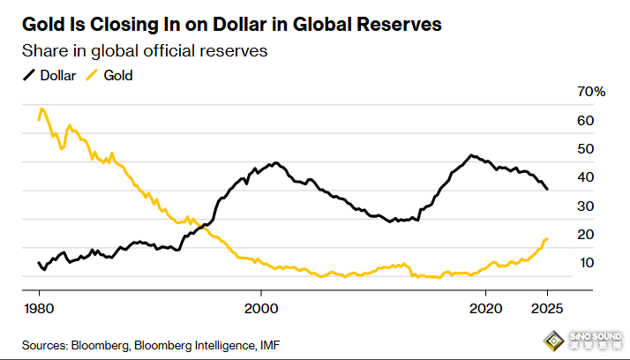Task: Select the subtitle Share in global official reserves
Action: (x=144, y=51)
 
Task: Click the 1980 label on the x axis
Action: (x=39, y=308)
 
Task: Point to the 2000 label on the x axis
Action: (x=261, y=308)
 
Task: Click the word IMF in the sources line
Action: (x=272, y=343)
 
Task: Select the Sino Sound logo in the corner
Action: (x=583, y=340)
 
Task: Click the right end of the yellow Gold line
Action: (x=548, y=238)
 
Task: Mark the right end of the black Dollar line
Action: (x=548, y=190)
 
